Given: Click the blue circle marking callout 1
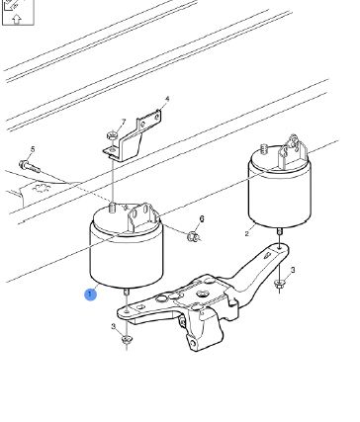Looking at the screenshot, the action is pyautogui.click(x=90, y=295).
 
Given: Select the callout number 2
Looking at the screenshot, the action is pyautogui.click(x=247, y=234).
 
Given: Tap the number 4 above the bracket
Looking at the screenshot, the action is pyautogui.click(x=167, y=99).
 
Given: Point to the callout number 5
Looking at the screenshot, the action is pyautogui.click(x=33, y=149).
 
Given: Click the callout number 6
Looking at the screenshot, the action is pyautogui.click(x=202, y=218).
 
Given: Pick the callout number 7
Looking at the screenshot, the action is pyautogui.click(x=124, y=122).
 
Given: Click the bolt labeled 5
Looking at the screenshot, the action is pyautogui.click(x=30, y=166).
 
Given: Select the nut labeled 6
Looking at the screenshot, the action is pyautogui.click(x=193, y=236).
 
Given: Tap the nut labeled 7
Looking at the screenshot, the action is pyautogui.click(x=112, y=134).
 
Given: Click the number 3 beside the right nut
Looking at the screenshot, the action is pyautogui.click(x=293, y=270).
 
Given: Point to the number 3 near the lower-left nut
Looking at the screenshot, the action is pyautogui.click(x=114, y=326).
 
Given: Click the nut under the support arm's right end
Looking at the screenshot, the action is pyautogui.click(x=280, y=285).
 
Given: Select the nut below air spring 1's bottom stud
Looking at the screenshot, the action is pyautogui.click(x=126, y=339).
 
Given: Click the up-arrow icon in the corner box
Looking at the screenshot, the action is pyautogui.click(x=17, y=19).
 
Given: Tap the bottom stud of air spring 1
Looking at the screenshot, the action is pyautogui.click(x=127, y=293).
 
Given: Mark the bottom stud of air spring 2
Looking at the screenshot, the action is pyautogui.click(x=279, y=231).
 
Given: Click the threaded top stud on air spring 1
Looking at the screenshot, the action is pyautogui.click(x=113, y=210).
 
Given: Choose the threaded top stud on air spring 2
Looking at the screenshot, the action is pyautogui.click(x=263, y=148).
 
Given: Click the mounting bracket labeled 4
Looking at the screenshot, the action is pyautogui.click(x=133, y=136).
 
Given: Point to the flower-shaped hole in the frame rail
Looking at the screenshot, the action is pyautogui.click(x=42, y=190).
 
